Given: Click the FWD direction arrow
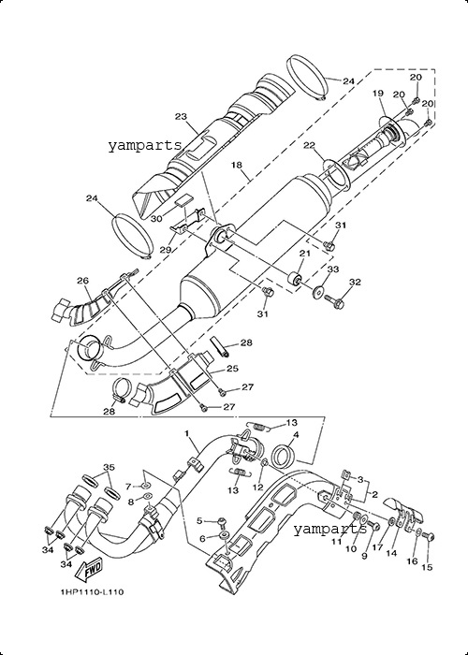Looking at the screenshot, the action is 88,572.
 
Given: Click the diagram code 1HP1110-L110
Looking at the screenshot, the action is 92,592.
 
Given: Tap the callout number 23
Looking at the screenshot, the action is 181,117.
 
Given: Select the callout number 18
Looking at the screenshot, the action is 237,165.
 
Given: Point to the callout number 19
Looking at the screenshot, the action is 378,94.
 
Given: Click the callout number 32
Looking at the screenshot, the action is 355,282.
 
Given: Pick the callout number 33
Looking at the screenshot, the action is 332,269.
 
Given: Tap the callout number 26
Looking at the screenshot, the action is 83,281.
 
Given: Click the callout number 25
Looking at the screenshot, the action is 232,369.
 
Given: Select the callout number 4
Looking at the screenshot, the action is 296,435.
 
